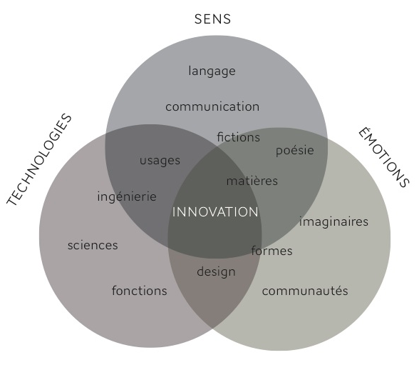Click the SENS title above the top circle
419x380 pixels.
tap(212, 19)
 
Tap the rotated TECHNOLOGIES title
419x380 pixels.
tap(39, 160)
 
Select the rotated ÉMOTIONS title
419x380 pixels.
tap(383, 157)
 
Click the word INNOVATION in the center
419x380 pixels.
tap(215, 212)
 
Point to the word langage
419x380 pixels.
tap(212, 71)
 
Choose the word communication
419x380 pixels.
tap(212, 107)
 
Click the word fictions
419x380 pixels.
tap(238, 137)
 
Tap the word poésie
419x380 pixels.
tap(295, 150)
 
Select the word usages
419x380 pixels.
tap(160, 161)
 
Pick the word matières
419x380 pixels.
tap(252, 181)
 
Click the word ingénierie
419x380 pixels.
tap(127, 197)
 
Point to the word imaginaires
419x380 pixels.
tap(333, 221)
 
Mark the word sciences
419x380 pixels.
tap(93, 245)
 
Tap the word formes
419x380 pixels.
tap(271, 251)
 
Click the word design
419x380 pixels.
tap(216, 272)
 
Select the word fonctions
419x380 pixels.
tap(139, 291)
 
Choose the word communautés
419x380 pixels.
tap(305, 291)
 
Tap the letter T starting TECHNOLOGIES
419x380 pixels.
tap(11, 200)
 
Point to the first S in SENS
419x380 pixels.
tap(198, 19)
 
